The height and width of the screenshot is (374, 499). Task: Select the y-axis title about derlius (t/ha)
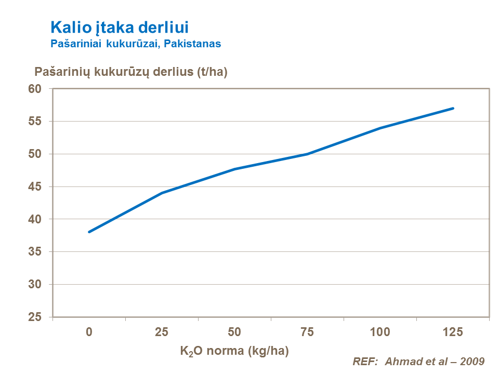131,72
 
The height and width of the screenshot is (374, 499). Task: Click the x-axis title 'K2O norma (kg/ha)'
234,351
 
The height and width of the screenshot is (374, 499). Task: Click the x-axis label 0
89,332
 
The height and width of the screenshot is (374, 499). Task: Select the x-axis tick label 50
234,332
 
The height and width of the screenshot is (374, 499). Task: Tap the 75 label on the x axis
307,332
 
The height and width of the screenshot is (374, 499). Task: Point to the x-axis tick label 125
453,332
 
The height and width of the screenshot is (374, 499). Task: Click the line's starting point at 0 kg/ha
89,232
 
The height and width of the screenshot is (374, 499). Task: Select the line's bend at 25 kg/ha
162,193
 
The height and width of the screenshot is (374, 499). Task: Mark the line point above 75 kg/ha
307,154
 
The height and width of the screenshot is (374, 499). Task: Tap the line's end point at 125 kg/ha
453,108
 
